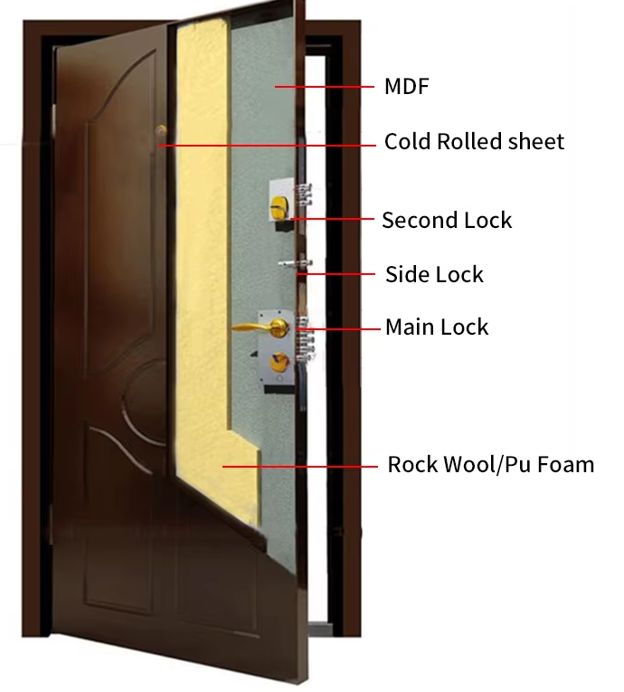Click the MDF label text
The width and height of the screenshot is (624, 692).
pyautogui.click(x=406, y=87)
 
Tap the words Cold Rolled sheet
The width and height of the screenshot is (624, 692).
pyautogui.click(x=474, y=142)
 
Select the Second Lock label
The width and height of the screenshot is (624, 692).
pyautogui.click(x=447, y=220)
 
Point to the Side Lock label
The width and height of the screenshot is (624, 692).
pyautogui.click(x=434, y=274)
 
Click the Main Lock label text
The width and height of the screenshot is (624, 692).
pyautogui.click(x=437, y=327)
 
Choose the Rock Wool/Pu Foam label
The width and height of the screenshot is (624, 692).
pyautogui.click(x=491, y=464)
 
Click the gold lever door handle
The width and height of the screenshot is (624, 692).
pyautogui.click(x=260, y=327)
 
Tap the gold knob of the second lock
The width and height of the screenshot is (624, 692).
pyautogui.click(x=279, y=206)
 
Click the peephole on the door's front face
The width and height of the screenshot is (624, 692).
pyautogui.click(x=161, y=130)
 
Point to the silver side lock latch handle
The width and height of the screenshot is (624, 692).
pyautogui.click(x=295, y=264)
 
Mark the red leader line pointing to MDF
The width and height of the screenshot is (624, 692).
pyautogui.click(x=325, y=87)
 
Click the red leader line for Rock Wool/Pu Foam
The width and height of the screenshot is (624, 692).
pyautogui.click(x=299, y=466)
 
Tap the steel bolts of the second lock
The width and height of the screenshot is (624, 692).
pyautogui.click(x=304, y=194)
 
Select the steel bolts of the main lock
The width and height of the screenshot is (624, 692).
pyautogui.click(x=306, y=338)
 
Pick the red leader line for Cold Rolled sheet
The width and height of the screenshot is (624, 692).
pyautogui.click(x=268, y=146)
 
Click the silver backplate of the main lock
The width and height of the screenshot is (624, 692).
pyautogui.click(x=276, y=347)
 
